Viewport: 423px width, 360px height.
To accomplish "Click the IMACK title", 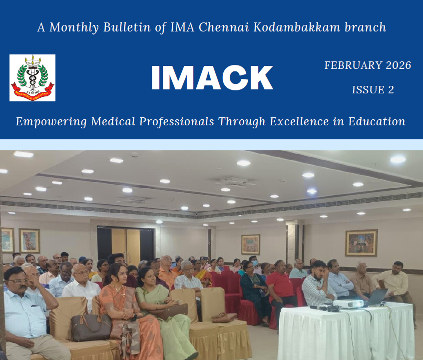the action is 212,78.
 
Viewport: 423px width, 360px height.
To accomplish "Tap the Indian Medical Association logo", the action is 32,78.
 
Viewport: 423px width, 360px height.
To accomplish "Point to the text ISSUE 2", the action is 373,90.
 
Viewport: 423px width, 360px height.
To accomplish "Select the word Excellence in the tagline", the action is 299,121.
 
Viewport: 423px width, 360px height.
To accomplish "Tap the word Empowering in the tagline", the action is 51,122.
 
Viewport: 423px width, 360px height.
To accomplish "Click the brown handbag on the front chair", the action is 91,327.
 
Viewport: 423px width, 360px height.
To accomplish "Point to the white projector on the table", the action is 348,304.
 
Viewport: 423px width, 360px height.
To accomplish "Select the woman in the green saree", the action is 165,310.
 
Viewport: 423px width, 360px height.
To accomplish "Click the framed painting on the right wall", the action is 361,243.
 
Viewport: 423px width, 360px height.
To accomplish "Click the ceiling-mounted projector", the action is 234,181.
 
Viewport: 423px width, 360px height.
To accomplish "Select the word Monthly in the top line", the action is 74,27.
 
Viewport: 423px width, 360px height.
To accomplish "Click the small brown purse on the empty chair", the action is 224,318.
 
